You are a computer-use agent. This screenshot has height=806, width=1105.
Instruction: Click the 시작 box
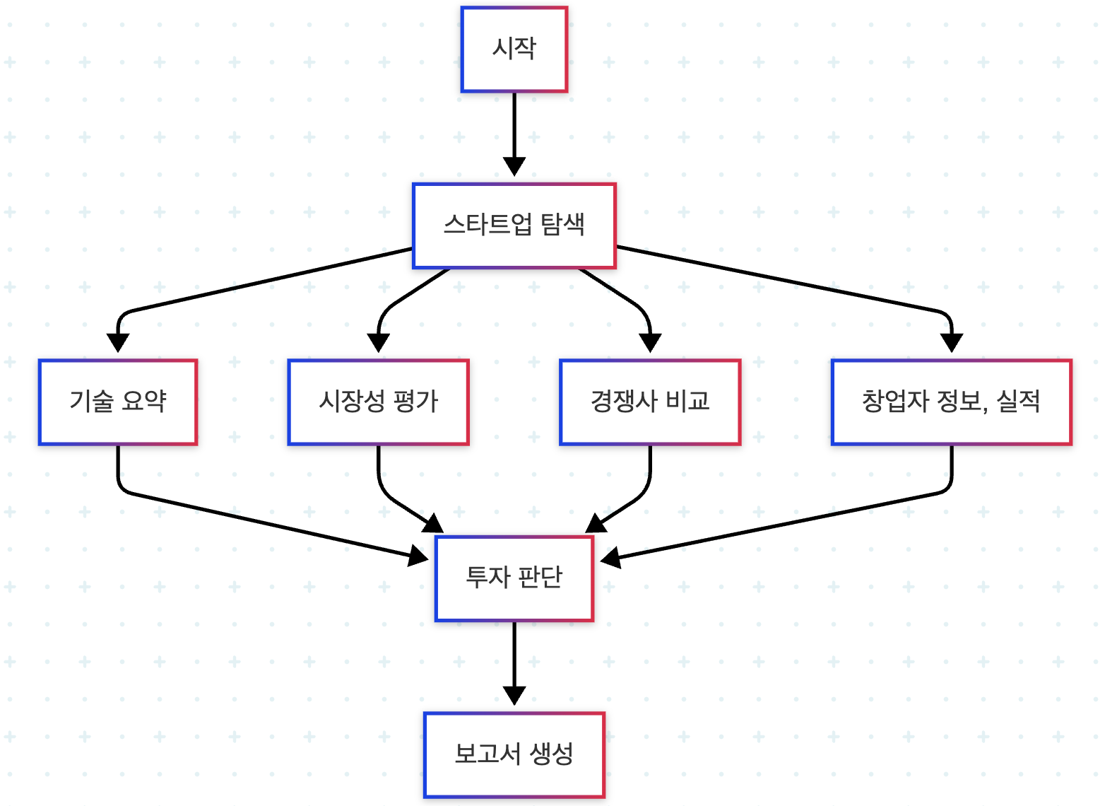514,49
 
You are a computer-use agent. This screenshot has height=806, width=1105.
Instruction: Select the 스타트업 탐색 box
514,226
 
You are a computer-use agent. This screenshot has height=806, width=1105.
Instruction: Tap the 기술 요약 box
118,402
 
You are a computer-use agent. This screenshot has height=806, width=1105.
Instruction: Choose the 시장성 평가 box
378,402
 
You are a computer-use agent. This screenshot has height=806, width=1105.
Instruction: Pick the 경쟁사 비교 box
650,402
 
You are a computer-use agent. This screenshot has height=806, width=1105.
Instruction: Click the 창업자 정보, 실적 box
951,402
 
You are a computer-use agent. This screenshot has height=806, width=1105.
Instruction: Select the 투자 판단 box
514,578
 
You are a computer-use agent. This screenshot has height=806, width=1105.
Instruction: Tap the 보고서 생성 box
514,754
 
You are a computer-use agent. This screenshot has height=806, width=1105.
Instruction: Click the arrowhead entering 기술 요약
118,343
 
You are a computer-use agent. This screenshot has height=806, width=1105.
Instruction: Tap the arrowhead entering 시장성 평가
379,343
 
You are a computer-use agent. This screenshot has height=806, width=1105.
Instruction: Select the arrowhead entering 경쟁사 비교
650,343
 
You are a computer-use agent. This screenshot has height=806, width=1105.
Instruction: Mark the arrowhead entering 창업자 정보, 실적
952,343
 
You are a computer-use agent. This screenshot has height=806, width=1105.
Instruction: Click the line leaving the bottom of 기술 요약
118,467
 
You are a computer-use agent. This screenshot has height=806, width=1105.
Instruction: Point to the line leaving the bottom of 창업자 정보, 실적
952,467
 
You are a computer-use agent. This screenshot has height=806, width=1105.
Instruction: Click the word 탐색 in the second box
562,225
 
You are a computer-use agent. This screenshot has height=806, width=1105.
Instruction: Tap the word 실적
1018,402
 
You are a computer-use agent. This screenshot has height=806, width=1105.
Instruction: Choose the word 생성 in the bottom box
551,754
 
